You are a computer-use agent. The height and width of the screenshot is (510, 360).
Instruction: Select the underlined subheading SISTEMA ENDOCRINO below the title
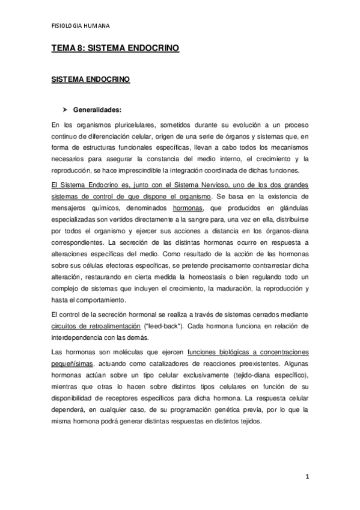tap(90, 79)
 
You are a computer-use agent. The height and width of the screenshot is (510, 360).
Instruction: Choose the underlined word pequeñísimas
tap(72, 364)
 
